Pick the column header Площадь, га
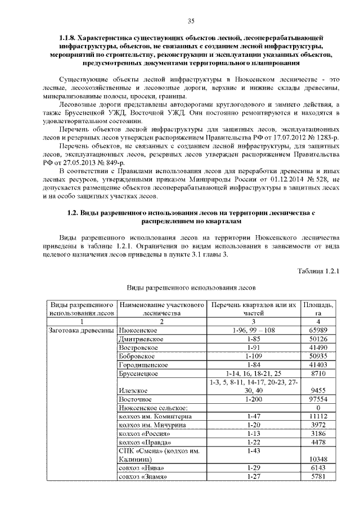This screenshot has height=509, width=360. click(x=318, y=309)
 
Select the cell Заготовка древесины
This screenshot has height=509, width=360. click(x=82, y=330)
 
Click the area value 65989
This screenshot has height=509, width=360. click(x=318, y=330)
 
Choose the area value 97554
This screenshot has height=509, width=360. click(x=318, y=398)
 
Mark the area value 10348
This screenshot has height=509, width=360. click(x=318, y=460)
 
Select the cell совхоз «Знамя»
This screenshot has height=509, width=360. click(x=143, y=477)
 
